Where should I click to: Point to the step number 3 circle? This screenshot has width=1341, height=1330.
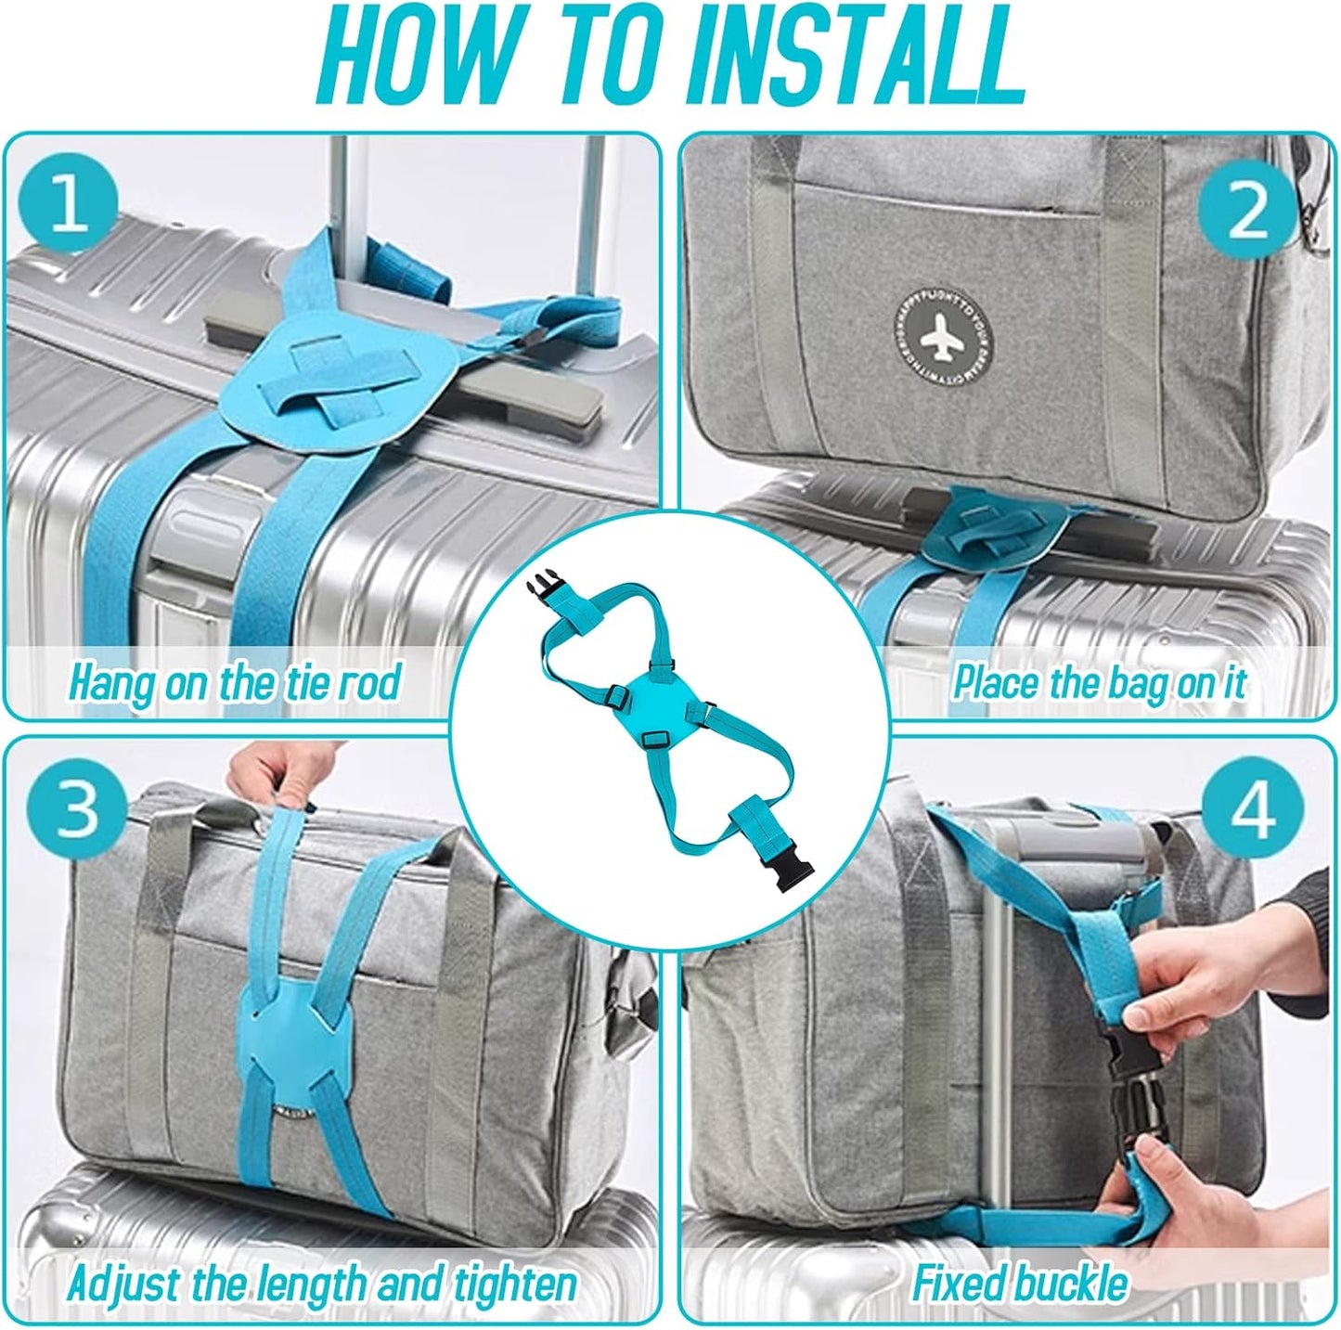[x=76, y=807]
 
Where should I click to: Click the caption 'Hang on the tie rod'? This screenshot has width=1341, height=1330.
[x=234, y=682]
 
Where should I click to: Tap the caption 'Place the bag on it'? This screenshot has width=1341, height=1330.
[x=1100, y=682]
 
